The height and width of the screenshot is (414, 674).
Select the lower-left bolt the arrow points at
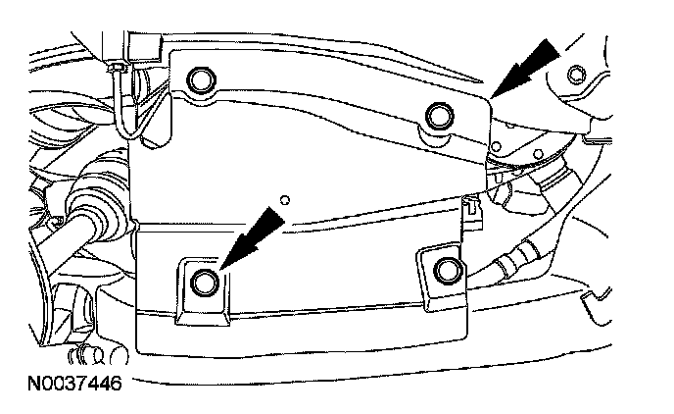click(205, 283)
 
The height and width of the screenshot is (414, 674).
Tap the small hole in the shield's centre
click(284, 200)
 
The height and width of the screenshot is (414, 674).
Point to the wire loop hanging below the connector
click(124, 103)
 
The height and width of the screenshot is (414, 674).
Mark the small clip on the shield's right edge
click(473, 207)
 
